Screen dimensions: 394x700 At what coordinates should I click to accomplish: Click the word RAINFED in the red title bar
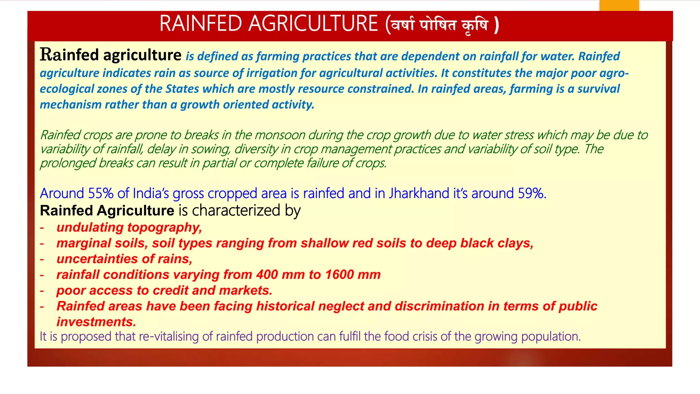[x=201, y=24]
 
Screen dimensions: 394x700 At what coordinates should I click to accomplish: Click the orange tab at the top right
[x=619, y=5]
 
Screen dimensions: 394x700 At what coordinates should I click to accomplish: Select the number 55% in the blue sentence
[x=101, y=194]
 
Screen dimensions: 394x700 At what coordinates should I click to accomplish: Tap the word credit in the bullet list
[x=170, y=290]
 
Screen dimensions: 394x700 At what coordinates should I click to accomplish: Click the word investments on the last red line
[x=96, y=322]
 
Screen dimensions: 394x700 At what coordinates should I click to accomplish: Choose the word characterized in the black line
[x=236, y=210]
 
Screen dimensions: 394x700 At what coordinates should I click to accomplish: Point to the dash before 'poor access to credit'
[x=42, y=291]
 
